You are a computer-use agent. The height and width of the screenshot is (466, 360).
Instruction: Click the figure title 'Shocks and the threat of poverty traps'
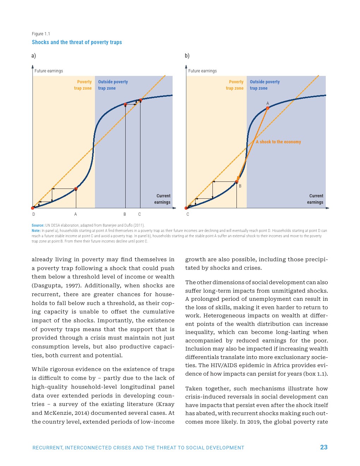pos(77,42)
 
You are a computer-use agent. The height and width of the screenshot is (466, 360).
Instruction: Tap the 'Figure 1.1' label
pos(41,34)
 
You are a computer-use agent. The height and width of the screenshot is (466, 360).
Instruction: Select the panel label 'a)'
pos(34,56)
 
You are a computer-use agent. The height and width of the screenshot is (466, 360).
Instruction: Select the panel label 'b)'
pos(187,56)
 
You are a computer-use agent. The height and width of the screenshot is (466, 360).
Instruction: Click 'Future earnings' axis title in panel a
pos(49,71)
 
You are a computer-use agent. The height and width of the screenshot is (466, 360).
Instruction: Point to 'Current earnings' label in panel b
pos(315,199)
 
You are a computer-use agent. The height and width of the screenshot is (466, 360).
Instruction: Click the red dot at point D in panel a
pos(33,208)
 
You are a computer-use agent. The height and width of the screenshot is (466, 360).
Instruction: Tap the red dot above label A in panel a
pos(76,189)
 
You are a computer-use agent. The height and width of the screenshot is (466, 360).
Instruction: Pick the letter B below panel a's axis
pos(125,214)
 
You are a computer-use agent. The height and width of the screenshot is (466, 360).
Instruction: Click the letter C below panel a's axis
pos(139,214)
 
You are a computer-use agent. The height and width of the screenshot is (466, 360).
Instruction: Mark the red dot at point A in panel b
pos(268,108)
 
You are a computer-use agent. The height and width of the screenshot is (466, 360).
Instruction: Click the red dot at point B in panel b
pos(237,182)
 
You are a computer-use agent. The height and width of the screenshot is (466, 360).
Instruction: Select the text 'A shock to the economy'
pos(278,142)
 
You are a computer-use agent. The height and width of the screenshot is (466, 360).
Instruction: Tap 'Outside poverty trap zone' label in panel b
pos(265,85)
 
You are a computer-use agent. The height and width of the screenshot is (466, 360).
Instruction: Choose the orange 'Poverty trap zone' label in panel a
pos(83,85)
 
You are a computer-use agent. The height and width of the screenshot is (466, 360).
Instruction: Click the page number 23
pos(324,447)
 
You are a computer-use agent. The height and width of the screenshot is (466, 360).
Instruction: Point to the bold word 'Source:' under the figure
pos(38,225)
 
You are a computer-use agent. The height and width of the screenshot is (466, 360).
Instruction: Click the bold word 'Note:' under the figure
pos(36,231)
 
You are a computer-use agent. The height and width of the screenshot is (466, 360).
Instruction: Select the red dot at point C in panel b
pos(186,208)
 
